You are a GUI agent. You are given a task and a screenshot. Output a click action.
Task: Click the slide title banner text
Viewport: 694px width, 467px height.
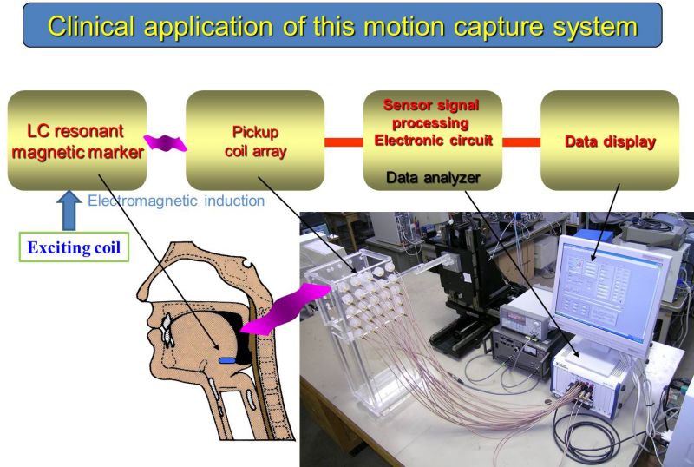[342, 27]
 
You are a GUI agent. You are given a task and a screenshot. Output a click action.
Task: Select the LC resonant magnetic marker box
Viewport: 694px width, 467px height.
[77, 141]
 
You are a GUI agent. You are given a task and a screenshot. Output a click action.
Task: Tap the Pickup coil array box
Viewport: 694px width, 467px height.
[255, 141]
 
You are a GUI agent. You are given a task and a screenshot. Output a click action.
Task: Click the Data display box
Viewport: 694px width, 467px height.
[610, 141]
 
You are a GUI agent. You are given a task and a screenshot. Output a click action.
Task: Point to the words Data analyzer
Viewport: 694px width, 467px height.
[433, 178]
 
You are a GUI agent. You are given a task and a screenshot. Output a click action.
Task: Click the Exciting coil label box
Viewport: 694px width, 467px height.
[74, 247]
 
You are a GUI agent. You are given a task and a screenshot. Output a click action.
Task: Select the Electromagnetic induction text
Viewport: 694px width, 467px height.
[176, 201]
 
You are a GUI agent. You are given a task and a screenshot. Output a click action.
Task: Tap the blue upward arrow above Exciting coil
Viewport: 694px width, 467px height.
[69, 210]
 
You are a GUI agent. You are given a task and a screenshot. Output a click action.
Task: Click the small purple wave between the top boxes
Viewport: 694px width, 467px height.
[166, 143]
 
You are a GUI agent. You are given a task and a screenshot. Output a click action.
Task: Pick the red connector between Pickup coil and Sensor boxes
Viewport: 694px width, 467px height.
[344, 142]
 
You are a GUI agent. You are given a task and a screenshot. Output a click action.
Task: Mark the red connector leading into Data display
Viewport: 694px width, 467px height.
[521, 142]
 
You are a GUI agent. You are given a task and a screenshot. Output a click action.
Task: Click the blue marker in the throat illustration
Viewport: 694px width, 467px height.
[226, 360]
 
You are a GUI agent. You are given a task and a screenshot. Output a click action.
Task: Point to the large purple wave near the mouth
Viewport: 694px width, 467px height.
[285, 309]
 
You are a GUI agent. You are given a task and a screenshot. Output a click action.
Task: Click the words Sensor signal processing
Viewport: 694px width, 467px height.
[430, 114]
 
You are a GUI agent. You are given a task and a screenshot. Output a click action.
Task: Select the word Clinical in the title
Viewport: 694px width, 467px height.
[91, 27]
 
